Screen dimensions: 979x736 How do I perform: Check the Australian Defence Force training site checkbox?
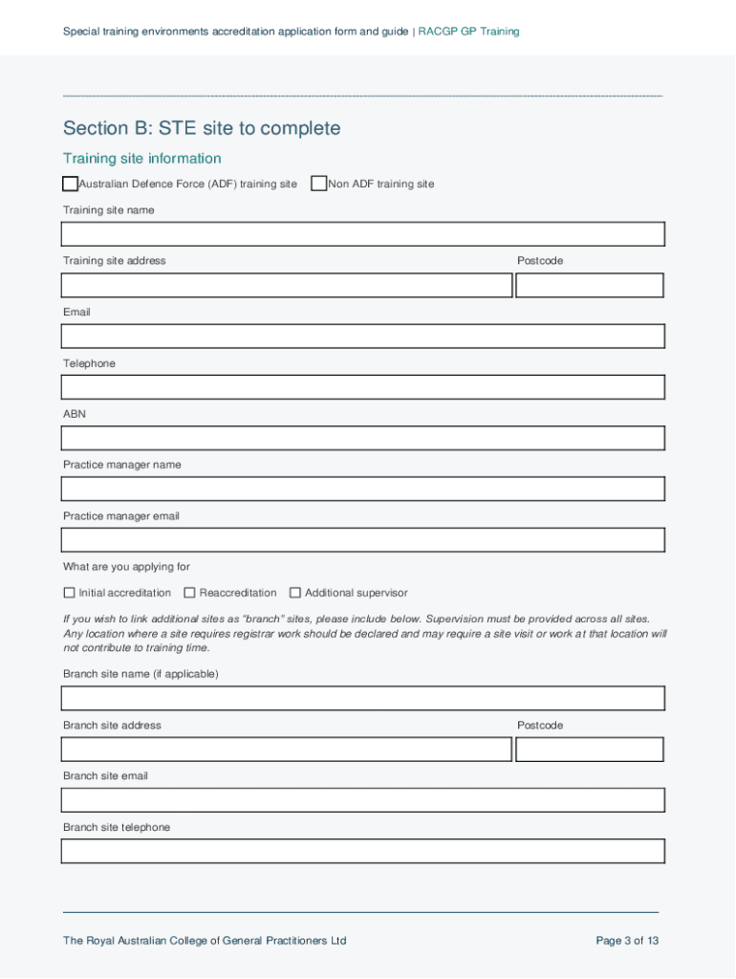coord(70,184)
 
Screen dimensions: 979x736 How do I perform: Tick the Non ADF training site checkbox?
coord(319,184)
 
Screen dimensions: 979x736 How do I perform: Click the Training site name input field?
coord(362,234)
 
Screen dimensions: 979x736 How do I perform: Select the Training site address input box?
coord(287,285)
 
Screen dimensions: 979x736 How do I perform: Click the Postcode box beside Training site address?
coord(589,285)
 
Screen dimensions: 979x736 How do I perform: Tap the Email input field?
coord(362,336)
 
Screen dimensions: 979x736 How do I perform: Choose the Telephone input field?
coord(362,387)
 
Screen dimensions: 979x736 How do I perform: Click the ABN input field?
coord(362,438)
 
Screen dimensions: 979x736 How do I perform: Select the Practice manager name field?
coord(362,489)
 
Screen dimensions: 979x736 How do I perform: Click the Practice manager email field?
coord(362,540)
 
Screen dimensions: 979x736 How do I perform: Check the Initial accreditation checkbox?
coord(69,593)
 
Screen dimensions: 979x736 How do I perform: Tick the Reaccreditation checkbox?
coord(189,593)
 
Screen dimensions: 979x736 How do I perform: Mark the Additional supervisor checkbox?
coord(295,593)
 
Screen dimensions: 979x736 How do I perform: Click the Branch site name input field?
coord(362,698)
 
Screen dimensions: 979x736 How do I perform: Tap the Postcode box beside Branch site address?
coord(589,749)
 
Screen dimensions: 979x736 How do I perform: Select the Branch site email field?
coord(362,800)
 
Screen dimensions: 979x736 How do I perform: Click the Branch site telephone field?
coord(362,851)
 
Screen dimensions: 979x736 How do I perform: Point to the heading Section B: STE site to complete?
coord(202,128)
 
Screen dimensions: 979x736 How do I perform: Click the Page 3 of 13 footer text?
coord(627,941)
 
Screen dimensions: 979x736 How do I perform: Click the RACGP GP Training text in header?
coord(468,32)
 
